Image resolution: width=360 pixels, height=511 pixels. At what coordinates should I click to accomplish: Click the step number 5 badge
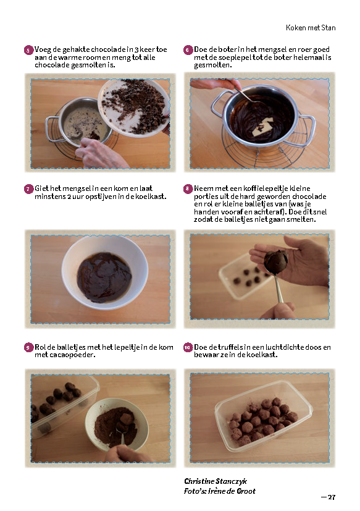pyautogui.click(x=28, y=50)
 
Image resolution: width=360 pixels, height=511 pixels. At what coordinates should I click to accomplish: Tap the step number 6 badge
pyautogui.click(x=188, y=50)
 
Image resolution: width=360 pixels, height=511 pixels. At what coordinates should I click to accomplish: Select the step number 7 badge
pyautogui.click(x=28, y=189)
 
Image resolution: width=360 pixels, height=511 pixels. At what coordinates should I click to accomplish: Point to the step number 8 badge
pyautogui.click(x=188, y=189)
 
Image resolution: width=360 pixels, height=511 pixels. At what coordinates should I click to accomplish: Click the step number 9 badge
pyautogui.click(x=28, y=348)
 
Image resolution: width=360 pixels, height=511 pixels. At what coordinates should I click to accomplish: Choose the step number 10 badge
pyautogui.click(x=188, y=348)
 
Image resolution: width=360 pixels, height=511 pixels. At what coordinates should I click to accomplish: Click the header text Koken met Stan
pyautogui.click(x=311, y=28)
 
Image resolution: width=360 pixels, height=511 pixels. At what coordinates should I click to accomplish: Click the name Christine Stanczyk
pyautogui.click(x=216, y=481)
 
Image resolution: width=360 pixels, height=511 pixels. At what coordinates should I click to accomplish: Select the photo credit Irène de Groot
pyautogui.click(x=232, y=491)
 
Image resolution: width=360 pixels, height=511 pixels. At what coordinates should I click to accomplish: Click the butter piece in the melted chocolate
pyautogui.click(x=262, y=127)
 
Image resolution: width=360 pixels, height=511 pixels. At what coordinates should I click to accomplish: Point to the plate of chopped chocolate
pyautogui.click(x=134, y=108)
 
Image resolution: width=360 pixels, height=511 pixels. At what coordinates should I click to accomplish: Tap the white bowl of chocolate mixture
pyautogui.click(x=105, y=272)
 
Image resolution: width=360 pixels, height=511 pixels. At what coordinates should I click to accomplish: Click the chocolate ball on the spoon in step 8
pyautogui.click(x=276, y=261)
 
